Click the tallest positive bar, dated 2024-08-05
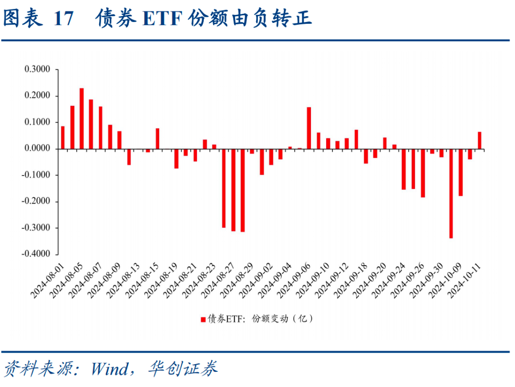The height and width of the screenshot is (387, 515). [82, 119]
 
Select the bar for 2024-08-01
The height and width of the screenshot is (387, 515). [62, 137]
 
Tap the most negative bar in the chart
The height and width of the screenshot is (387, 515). [451, 193]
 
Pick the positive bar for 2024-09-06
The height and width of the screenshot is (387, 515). [309, 128]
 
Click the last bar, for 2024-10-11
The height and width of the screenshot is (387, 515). [479, 140]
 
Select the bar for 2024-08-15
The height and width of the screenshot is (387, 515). [157, 138]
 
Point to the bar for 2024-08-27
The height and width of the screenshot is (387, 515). [233, 190]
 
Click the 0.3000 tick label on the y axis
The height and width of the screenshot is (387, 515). [37, 70]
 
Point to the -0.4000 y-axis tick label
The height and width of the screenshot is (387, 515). [36, 254]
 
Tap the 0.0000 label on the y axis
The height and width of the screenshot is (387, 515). [37, 149]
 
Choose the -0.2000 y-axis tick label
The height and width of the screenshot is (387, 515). [36, 202]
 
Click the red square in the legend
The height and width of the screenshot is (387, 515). [203, 319]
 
